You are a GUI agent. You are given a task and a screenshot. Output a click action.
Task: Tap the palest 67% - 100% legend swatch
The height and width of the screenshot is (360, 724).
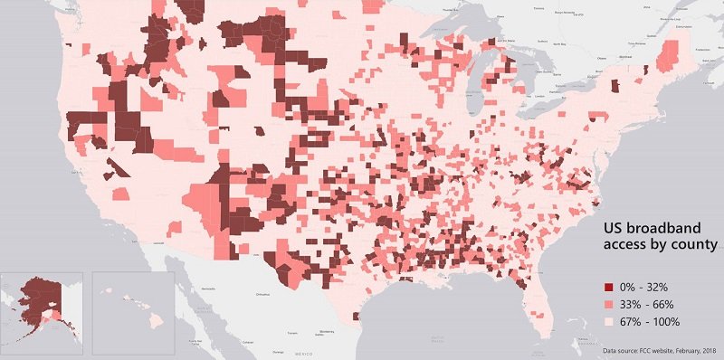coord(595,321)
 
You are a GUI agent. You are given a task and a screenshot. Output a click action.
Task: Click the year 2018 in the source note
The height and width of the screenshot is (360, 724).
coord(706,349)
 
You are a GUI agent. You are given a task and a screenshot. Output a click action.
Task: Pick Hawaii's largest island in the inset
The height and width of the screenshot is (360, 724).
coord(156,320)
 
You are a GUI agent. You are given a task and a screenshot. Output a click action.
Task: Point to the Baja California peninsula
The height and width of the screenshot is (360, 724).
coord(186,289)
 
